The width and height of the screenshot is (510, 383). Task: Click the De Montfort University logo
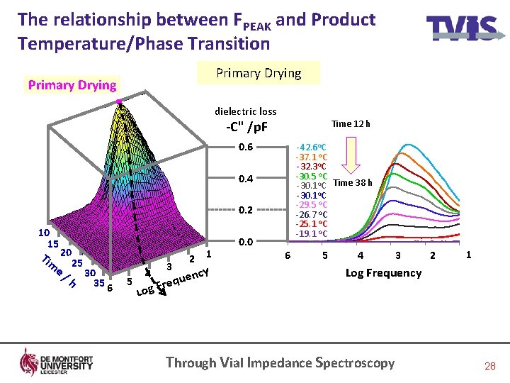56,362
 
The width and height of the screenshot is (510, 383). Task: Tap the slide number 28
489,366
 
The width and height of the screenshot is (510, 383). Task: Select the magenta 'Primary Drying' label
72,85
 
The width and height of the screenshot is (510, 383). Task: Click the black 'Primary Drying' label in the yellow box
258,73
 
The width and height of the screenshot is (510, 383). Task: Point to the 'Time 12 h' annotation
351,124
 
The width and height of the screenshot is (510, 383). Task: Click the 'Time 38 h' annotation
352,182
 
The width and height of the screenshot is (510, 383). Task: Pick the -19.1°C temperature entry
310,233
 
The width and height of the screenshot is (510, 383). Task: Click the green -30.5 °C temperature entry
311,176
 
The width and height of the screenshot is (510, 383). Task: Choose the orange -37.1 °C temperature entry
310,157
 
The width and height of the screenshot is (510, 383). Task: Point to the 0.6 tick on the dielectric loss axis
246,148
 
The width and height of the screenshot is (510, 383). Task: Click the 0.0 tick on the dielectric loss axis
246,242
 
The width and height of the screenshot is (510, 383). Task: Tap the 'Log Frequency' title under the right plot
382,272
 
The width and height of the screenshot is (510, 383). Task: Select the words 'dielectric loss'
246,111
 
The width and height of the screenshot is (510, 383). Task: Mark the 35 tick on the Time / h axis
99,282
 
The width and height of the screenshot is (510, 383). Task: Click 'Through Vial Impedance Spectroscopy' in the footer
280,362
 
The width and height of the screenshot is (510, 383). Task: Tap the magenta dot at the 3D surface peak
120,102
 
